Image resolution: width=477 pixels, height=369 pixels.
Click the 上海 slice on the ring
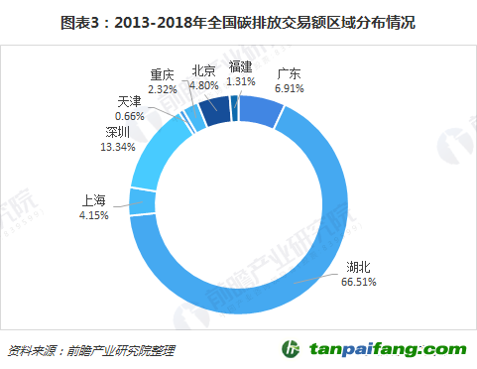pos(141,200)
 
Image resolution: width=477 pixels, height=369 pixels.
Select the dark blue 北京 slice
pos(214,106)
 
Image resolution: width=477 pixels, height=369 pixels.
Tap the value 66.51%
pos(360,283)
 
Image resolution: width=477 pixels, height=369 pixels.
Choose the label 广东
pos(290,73)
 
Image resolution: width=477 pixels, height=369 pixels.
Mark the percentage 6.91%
pos(290,88)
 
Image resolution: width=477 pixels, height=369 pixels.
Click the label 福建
pos(241,65)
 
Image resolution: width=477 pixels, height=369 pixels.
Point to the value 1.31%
pos(241,80)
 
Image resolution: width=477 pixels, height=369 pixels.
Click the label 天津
pos(129,100)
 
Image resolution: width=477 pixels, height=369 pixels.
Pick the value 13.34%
pos(118,147)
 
